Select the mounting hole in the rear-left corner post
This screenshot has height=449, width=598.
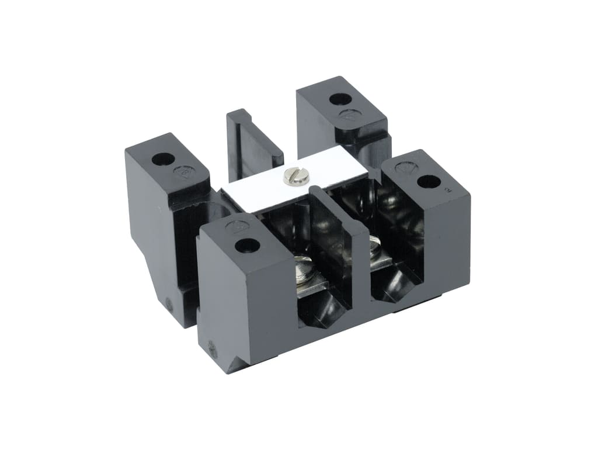[x=163, y=158]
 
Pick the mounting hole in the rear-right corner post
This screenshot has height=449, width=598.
[x=339, y=98]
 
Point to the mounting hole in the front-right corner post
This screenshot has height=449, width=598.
[x=428, y=182]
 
